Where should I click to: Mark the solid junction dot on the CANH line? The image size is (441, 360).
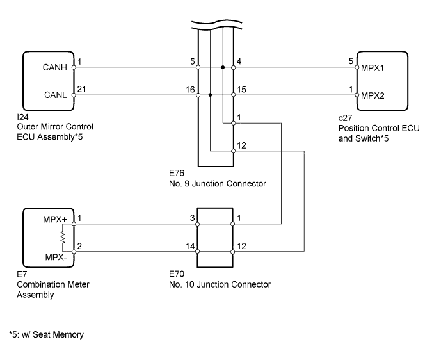pos(222,67)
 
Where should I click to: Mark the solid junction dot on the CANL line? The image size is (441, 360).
pos(210,95)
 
